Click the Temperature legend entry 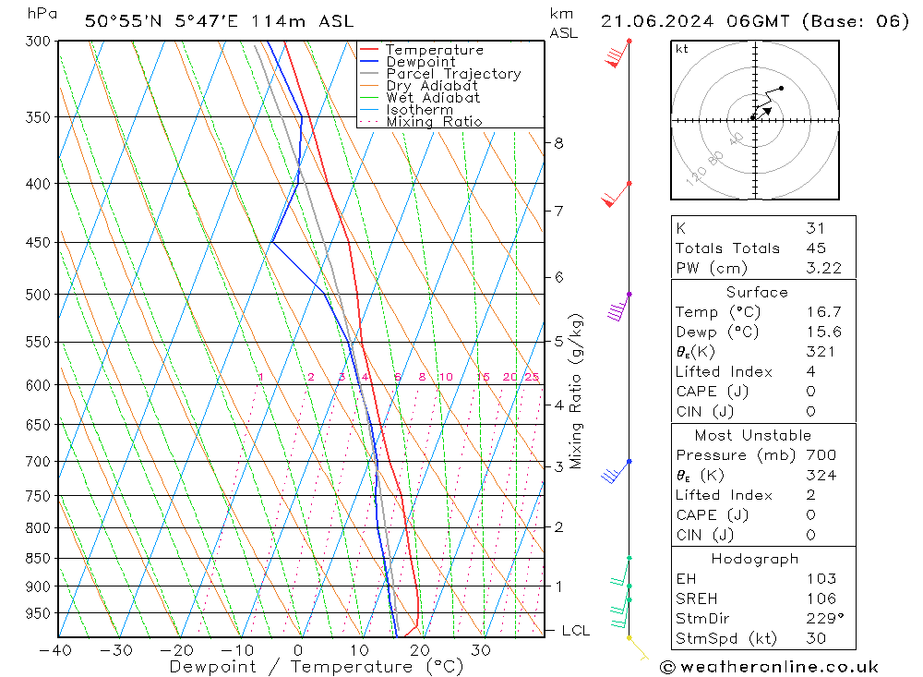(x=434, y=50)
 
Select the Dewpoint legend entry (x=421, y=62)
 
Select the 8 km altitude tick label (x=558, y=143)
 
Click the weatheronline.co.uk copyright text (x=769, y=666)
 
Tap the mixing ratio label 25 (x=532, y=377)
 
